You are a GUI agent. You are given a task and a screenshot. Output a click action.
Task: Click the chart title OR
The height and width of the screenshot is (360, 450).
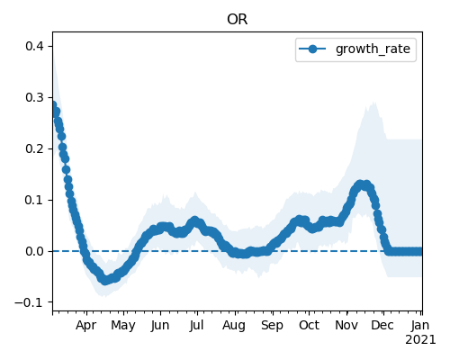click(238, 20)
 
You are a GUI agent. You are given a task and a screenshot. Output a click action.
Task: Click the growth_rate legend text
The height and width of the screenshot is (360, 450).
click(373, 49)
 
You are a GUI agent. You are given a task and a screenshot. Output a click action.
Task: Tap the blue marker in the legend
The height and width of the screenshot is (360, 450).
click(312, 49)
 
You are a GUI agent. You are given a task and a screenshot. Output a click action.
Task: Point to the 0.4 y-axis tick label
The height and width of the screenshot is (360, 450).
click(34, 46)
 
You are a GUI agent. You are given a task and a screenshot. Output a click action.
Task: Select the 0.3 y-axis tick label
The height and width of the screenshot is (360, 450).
click(34, 97)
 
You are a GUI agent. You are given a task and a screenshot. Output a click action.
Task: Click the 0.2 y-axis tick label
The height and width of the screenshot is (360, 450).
click(34, 148)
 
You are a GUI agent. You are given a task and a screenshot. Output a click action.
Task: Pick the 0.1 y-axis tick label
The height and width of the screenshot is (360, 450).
click(34, 200)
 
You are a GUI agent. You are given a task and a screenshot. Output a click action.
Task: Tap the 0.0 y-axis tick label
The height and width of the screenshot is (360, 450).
click(34, 251)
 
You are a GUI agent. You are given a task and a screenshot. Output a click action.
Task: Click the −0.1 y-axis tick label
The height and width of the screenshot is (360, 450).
click(29, 302)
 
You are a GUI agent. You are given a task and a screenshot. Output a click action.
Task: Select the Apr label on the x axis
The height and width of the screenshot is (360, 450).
click(86, 326)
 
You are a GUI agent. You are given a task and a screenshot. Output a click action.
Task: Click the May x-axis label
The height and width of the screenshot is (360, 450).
click(123, 326)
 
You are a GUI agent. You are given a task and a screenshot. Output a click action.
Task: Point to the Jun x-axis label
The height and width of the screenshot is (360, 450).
click(160, 326)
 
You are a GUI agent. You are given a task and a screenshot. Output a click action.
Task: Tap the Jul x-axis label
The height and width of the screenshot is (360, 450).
click(196, 326)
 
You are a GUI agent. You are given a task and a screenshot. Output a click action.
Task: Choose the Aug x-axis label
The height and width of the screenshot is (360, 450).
click(234, 326)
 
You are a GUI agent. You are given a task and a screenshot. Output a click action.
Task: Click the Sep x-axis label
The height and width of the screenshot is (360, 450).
click(272, 326)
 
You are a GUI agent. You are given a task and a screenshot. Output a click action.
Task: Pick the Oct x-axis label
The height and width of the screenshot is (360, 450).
click(309, 326)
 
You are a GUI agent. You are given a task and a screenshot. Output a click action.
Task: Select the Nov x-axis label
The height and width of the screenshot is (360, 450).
click(346, 326)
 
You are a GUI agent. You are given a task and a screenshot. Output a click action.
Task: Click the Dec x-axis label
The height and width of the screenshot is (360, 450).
click(382, 326)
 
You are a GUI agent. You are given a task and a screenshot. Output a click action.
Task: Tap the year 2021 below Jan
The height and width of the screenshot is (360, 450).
click(420, 340)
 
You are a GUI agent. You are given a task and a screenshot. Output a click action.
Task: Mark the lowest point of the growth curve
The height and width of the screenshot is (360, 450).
click(104, 281)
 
